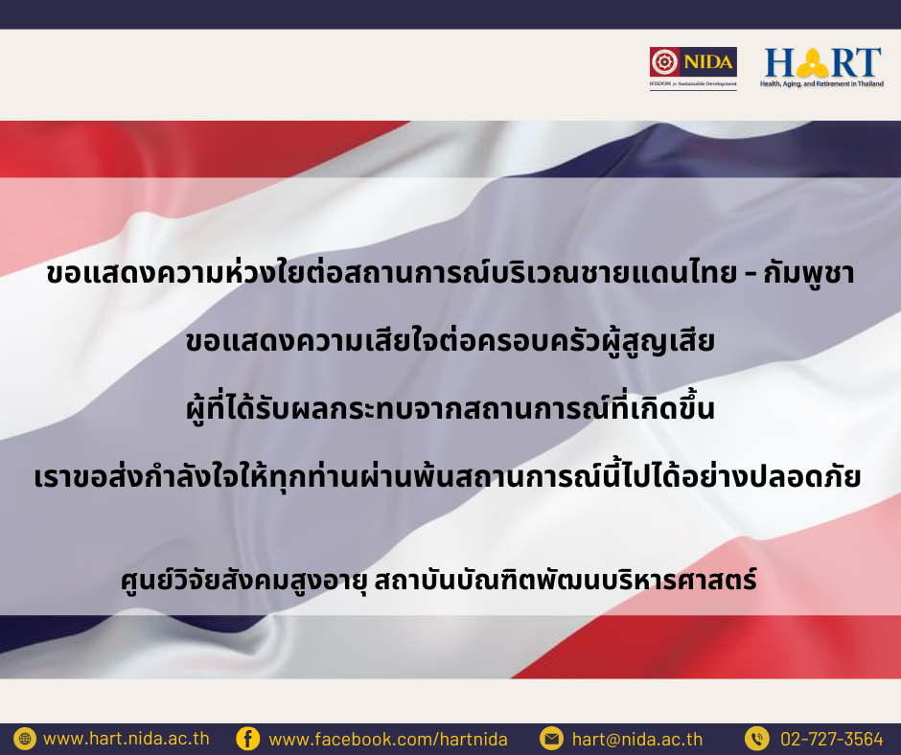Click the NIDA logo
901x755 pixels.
[693, 68]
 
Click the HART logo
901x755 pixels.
[822, 67]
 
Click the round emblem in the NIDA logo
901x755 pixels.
[665, 61]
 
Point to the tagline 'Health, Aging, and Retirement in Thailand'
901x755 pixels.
[822, 84]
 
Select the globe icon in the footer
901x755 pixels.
[25, 739]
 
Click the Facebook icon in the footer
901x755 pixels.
[247, 739]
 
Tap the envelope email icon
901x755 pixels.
[551, 739]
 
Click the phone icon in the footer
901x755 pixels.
[757, 739]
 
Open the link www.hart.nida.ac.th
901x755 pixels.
[127, 739]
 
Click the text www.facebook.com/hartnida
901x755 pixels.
[388, 739]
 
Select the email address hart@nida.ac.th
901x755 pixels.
[637, 739]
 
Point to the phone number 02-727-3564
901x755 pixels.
[831, 739]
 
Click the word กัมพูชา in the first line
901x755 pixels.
[808, 273]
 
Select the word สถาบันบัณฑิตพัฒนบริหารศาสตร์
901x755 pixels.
[566, 580]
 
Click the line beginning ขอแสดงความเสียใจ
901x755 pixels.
[450, 341]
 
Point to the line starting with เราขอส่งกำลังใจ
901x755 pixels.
[448, 476]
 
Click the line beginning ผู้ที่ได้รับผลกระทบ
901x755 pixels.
[450, 408]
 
